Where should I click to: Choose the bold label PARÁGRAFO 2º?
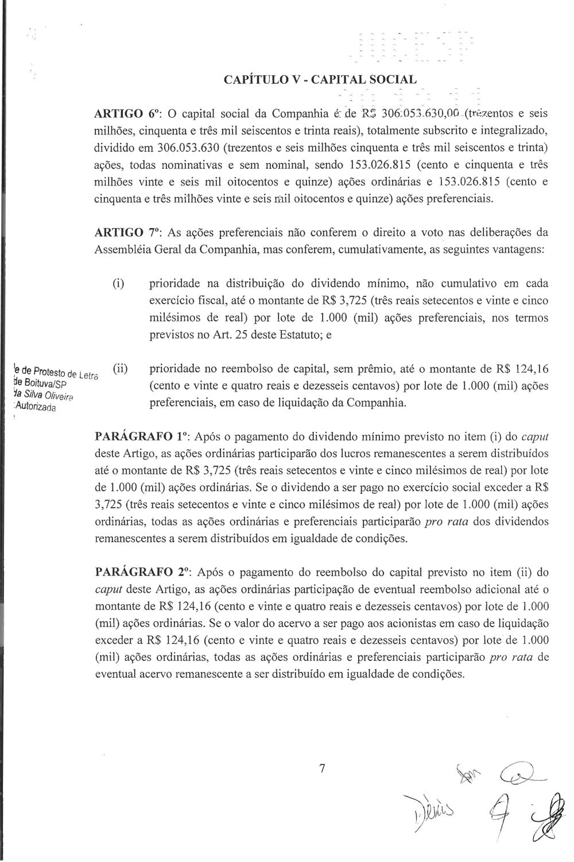[141, 573]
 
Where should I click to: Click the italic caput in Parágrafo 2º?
[107, 590]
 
